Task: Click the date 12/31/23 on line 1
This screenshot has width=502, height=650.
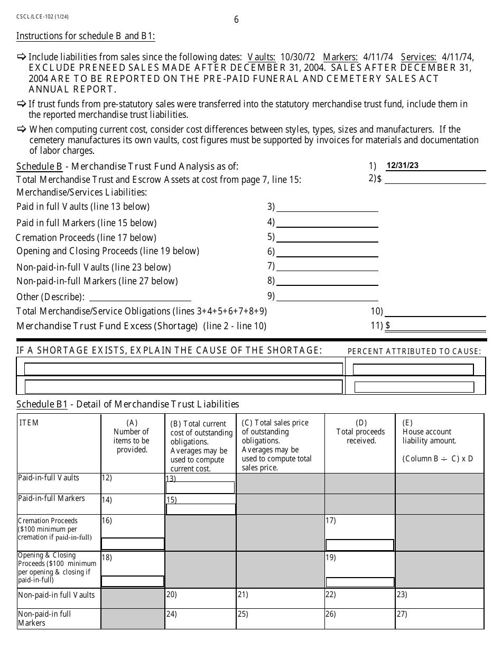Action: pos(403,165)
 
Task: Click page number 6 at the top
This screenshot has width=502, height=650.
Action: pos(236,20)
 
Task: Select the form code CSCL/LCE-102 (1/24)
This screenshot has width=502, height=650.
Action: pos(42,16)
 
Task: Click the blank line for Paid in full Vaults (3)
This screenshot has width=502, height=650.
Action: pos(327,207)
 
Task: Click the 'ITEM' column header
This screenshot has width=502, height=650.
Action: pos(30,423)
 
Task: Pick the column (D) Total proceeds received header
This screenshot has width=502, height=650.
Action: pos(361,431)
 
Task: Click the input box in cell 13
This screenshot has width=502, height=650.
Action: pos(200,487)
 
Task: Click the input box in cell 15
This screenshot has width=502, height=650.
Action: pos(201,509)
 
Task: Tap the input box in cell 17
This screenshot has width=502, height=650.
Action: pos(359,545)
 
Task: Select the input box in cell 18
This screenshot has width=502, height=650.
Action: pos(133,581)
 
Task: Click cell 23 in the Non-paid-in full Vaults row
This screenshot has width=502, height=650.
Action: pos(439,598)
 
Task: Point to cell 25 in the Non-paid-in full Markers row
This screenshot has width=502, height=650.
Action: pos(280,619)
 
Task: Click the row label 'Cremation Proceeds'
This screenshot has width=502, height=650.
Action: pos(48,521)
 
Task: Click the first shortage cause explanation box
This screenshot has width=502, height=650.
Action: pos(183,369)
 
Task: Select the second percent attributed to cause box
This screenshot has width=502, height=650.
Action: pos(414,387)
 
